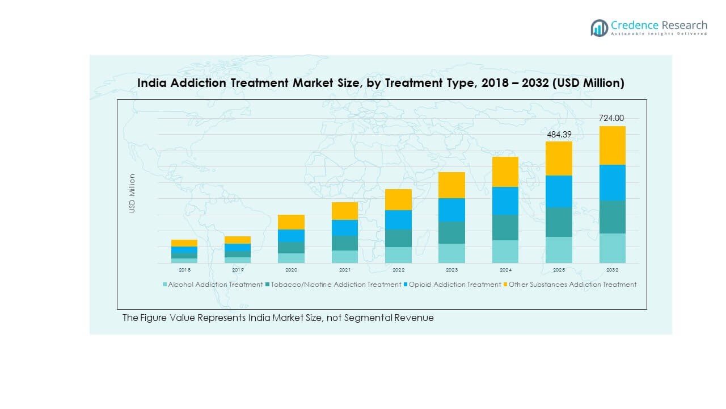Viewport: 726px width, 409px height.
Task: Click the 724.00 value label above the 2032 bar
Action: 611,118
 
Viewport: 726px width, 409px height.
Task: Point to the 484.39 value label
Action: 558,135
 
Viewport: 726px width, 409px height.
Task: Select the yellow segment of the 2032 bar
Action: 612,145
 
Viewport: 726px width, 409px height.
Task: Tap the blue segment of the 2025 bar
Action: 559,191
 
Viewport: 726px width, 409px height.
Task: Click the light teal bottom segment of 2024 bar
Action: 505,252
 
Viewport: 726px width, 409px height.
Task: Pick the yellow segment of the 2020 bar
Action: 291,222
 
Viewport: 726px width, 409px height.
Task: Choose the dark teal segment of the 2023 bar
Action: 451,232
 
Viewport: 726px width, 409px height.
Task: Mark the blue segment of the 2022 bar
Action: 398,220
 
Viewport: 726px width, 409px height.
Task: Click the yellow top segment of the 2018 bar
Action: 184,243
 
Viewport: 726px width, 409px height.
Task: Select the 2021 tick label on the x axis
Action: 345,270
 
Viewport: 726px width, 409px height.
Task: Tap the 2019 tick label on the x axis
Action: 238,270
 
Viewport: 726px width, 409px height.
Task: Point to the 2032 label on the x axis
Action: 612,270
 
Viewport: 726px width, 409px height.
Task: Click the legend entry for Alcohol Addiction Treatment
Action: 215,285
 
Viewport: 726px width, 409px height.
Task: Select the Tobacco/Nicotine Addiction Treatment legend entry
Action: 336,285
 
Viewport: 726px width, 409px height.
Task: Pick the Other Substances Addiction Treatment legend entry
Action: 572,285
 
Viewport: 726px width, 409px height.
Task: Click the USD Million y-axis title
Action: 132,193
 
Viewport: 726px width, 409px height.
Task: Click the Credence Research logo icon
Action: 599,28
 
